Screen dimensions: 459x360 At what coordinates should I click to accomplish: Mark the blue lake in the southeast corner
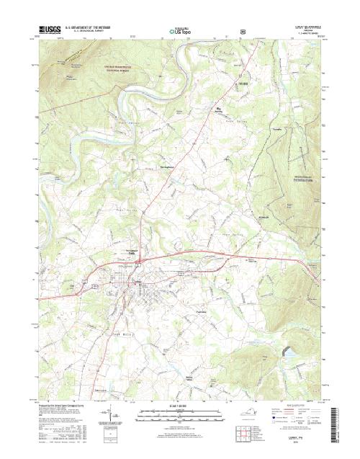[x=291, y=355]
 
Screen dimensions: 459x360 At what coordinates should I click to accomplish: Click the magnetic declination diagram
[x=114, y=415]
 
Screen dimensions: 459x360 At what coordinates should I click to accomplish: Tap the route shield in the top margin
[x=246, y=32]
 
